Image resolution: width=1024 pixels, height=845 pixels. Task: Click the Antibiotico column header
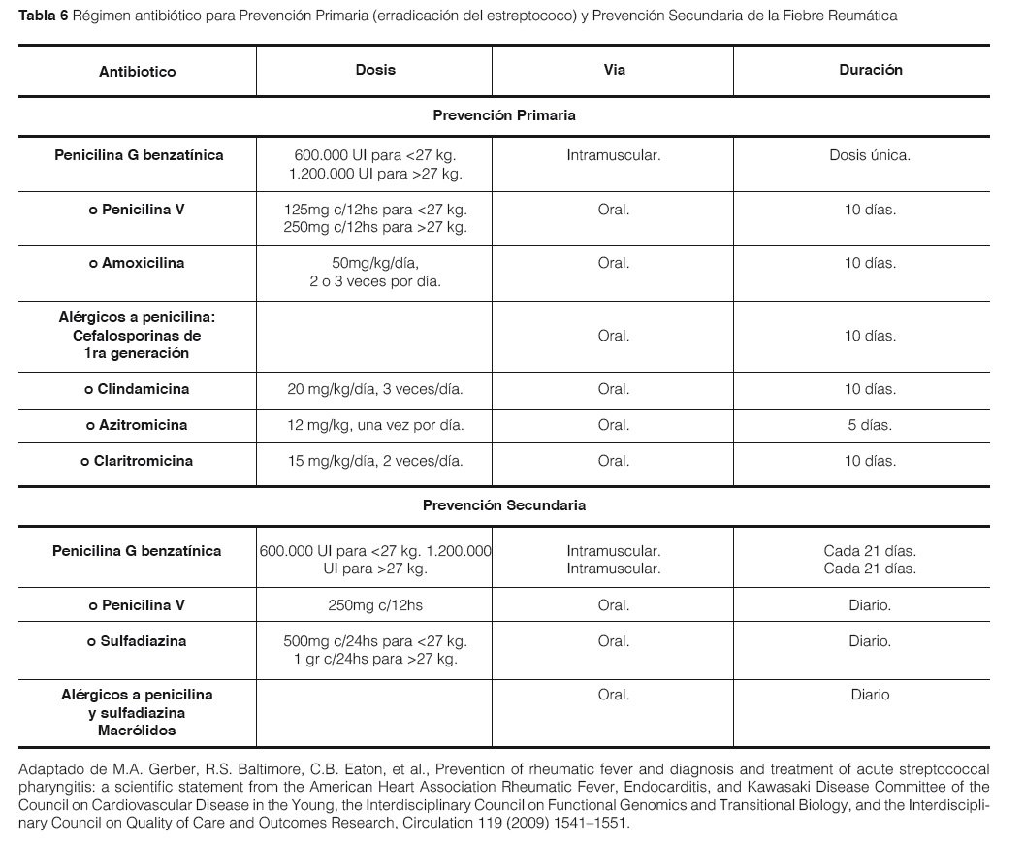(137, 72)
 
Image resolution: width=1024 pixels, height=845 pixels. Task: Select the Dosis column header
(375, 70)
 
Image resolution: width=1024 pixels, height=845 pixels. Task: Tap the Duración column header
(870, 70)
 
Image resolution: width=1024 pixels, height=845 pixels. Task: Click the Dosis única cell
(870, 155)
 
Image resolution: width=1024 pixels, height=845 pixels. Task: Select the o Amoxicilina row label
(137, 263)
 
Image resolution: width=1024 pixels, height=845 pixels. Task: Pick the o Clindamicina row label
(137, 389)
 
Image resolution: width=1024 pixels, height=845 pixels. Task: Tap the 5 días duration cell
(870, 425)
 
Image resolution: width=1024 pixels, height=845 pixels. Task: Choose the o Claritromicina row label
(137, 461)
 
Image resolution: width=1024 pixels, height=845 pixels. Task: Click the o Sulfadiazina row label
(137, 641)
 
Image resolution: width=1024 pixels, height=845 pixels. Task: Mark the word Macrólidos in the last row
(137, 730)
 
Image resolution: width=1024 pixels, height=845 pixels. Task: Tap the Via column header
(613, 70)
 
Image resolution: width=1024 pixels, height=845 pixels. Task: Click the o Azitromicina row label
(137, 425)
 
